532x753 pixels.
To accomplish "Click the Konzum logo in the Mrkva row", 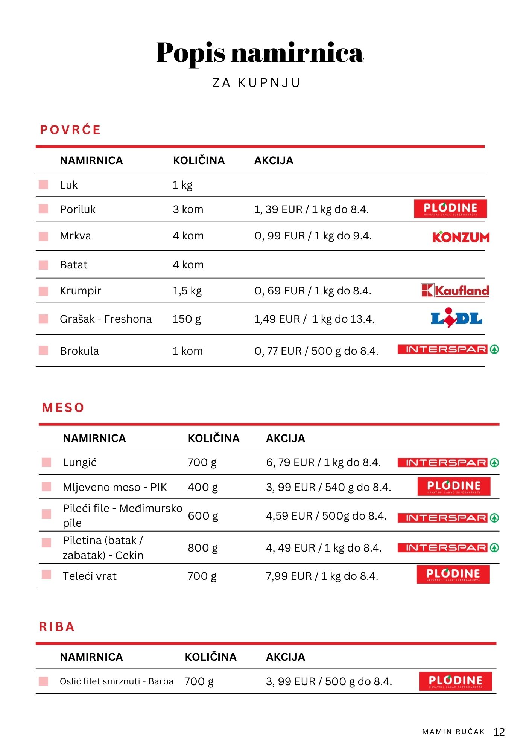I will point(461,237).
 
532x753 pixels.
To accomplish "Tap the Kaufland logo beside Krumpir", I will point(455,290).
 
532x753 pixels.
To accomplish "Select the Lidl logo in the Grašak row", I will point(456,319).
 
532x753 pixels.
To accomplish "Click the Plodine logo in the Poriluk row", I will point(450,209).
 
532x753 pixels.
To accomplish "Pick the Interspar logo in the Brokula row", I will point(448,350).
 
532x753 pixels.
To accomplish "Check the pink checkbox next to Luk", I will point(44,184).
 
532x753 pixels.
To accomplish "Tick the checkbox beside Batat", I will point(44,265).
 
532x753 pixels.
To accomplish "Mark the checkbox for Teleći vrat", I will point(47,575).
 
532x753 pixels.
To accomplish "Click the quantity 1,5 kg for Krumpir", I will point(187,291).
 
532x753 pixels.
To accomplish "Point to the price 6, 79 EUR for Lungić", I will point(290,462).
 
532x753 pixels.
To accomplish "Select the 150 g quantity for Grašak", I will point(187,319).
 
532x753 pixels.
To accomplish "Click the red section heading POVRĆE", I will point(70,130).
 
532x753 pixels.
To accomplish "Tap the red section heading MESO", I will point(63,408).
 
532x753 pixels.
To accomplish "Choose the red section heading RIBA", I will point(57,627).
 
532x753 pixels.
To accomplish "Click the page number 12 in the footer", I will point(499,732).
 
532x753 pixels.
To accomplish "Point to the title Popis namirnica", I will point(260,52).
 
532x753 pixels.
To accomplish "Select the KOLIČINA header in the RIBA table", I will point(210,657).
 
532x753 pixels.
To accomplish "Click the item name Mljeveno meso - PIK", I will point(115,487).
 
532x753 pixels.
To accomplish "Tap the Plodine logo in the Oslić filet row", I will point(455,681).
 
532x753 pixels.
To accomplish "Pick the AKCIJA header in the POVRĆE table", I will point(274,160).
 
